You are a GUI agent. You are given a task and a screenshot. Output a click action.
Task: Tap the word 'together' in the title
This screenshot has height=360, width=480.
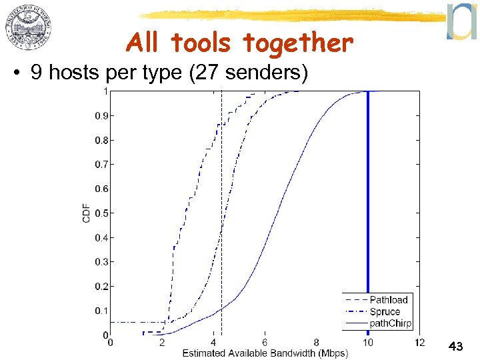click(x=297, y=44)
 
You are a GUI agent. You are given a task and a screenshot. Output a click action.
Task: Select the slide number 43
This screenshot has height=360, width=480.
click(x=456, y=347)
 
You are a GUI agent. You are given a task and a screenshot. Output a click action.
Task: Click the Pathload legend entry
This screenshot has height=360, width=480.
click(x=388, y=300)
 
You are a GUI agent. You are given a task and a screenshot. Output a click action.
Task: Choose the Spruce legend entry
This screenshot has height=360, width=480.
click(x=385, y=311)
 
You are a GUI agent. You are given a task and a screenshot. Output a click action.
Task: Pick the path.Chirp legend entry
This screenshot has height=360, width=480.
click(x=391, y=323)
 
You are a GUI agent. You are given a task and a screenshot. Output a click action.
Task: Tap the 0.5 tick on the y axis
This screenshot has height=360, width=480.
click(x=101, y=213)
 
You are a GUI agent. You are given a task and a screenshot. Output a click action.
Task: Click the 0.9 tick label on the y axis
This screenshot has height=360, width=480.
click(x=101, y=115)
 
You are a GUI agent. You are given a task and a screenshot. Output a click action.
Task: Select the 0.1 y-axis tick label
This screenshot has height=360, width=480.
click(x=101, y=311)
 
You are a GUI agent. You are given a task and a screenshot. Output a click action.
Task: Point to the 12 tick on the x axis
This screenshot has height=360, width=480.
click(x=419, y=343)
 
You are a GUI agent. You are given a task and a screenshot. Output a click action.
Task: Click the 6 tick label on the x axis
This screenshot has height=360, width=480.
click(x=265, y=343)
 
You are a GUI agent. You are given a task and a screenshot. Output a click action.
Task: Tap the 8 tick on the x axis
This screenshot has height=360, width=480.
click(x=316, y=343)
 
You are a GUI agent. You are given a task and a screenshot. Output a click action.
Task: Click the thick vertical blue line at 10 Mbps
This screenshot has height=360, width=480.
click(x=368, y=200)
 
